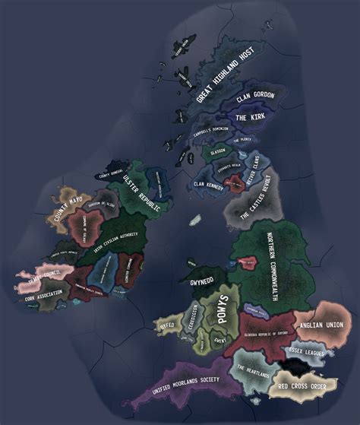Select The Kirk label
[249, 118]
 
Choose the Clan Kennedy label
[210, 184]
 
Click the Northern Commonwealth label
[271, 262]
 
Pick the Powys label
[223, 309]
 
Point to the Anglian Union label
[322, 325]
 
